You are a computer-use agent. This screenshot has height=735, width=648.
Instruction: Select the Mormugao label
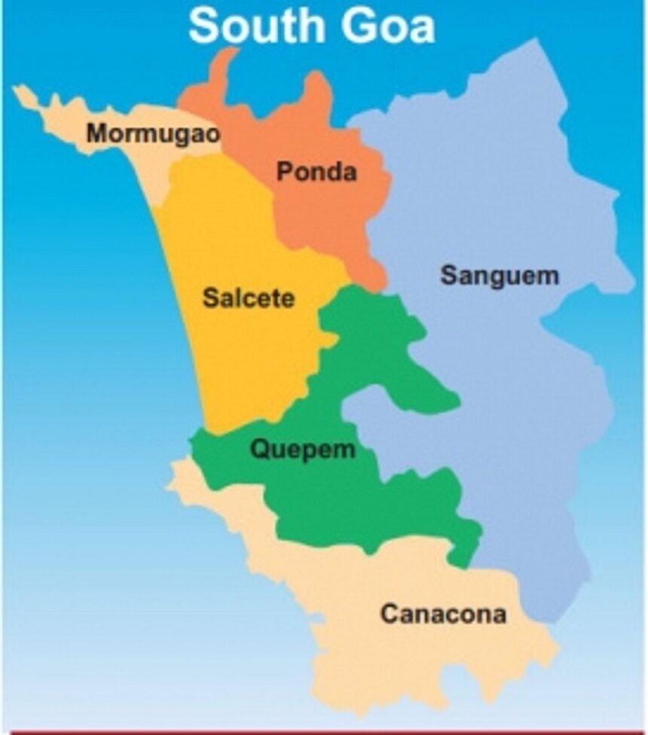[153, 134]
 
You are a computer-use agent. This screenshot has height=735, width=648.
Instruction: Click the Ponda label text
[316, 172]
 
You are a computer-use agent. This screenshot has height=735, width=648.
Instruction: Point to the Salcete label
[248, 298]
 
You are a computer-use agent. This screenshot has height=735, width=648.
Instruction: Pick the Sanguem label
[500, 276]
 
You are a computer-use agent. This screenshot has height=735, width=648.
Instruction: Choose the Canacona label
[442, 614]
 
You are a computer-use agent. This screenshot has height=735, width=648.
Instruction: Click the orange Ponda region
[332, 211]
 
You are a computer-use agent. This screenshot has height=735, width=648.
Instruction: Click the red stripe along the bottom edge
[324, 732]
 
